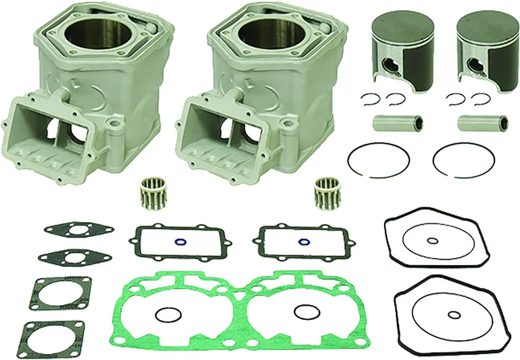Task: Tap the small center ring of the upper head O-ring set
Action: [x=433, y=240]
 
